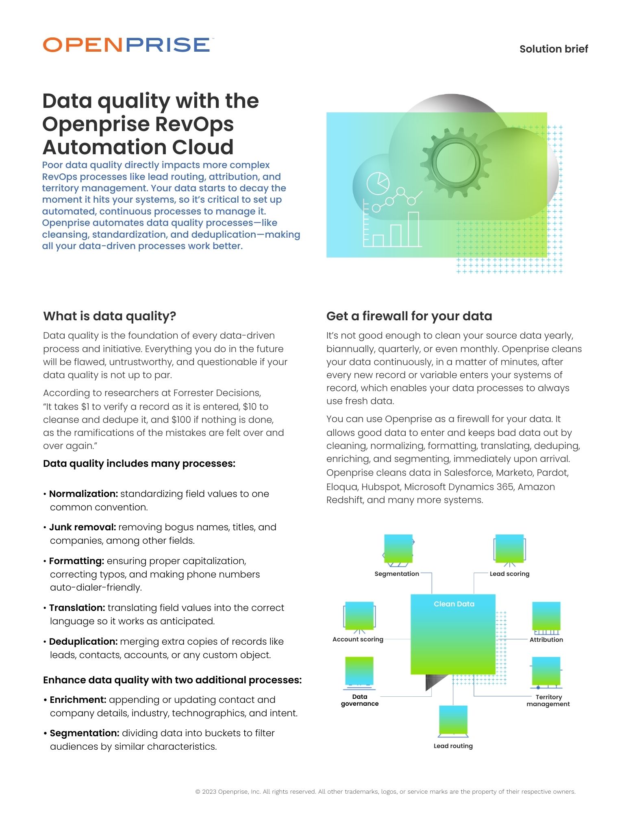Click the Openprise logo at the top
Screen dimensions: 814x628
126,45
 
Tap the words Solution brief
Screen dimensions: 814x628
553,49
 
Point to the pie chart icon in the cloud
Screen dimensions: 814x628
378,183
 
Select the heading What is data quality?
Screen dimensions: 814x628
110,316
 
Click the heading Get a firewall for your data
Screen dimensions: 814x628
409,316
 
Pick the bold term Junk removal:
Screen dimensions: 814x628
83,527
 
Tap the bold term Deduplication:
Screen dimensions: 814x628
83,641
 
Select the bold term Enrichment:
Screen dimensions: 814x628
78,700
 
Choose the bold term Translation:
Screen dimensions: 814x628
77,608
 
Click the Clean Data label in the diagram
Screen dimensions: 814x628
454,604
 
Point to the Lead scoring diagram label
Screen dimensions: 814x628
509,574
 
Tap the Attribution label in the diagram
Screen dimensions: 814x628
546,640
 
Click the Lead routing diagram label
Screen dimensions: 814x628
453,746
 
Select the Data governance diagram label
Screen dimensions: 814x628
360,700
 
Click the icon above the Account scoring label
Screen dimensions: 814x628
359,617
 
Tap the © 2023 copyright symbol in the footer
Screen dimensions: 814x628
198,792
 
